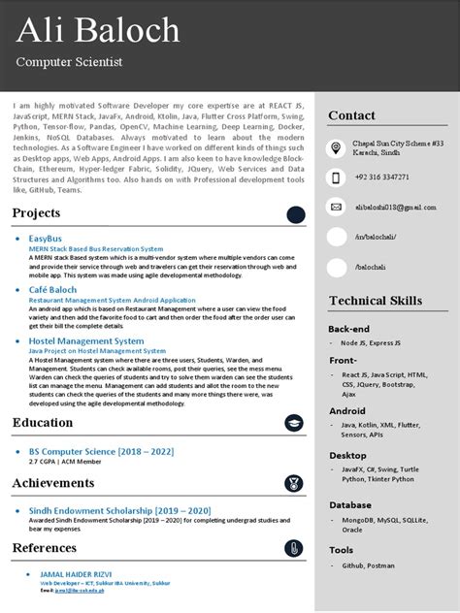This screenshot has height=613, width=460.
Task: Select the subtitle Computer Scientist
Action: pyautogui.click(x=69, y=62)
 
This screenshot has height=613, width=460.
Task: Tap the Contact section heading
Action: pyautogui.click(x=351, y=115)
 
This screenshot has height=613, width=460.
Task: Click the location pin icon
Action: pyautogui.click(x=336, y=147)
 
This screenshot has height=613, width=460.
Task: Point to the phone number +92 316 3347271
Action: pyautogui.click(x=380, y=177)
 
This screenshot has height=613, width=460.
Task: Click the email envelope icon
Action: pyautogui.click(x=336, y=207)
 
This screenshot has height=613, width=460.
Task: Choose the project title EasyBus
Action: pyautogui.click(x=46, y=238)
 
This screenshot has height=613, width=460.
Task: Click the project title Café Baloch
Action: pyautogui.click(x=54, y=290)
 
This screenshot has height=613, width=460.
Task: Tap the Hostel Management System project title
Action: pyautogui.click(x=86, y=341)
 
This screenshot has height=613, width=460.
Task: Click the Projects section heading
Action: pyautogui.click(x=36, y=213)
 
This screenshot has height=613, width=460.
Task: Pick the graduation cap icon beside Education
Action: pyautogui.click(x=293, y=423)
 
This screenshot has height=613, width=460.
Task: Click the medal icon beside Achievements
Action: pyautogui.click(x=293, y=483)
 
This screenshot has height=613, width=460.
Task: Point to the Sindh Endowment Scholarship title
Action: pyautogui.click(x=107, y=511)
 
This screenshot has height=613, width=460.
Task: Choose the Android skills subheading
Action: pyautogui.click(x=347, y=411)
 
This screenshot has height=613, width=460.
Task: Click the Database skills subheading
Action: pyautogui.click(x=350, y=504)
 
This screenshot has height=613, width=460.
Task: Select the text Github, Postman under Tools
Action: pyautogui.click(x=366, y=565)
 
